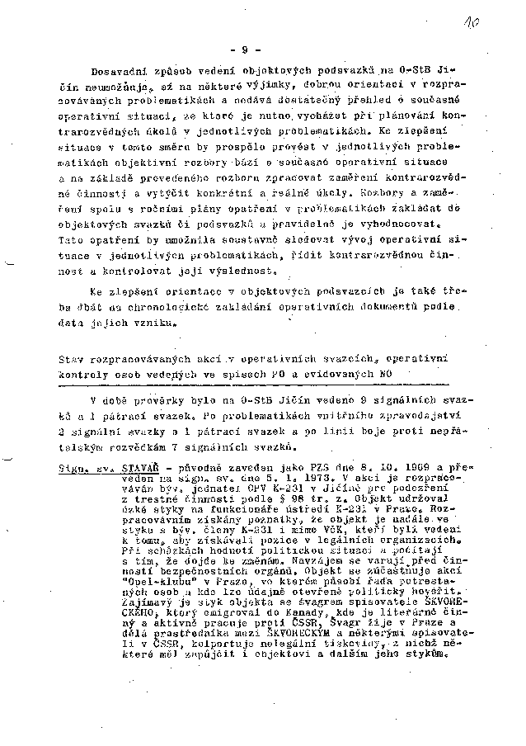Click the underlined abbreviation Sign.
click(73, 466)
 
